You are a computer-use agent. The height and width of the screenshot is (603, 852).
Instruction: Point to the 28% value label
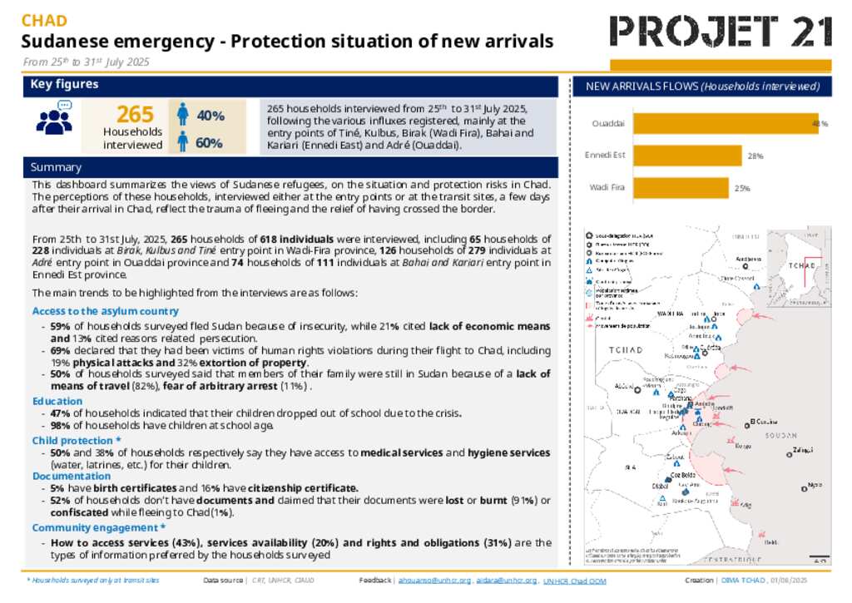[755, 156]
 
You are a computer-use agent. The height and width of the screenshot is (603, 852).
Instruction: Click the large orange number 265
[135, 115]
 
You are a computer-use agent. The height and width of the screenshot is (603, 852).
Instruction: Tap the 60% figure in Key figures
[209, 143]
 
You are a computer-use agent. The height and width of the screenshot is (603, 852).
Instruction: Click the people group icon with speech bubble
[56, 118]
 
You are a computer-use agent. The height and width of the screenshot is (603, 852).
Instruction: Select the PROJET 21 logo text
[721, 32]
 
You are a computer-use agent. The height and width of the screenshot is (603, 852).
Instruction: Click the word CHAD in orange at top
[44, 21]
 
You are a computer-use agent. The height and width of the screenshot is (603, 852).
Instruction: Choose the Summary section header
[56, 167]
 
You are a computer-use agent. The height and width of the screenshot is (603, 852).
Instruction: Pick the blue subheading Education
[57, 401]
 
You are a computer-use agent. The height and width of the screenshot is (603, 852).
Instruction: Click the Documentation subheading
[72, 476]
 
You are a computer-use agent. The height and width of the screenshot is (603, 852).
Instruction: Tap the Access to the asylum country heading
[105, 311]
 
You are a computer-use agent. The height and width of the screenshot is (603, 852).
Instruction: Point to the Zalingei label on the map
[802, 450]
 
